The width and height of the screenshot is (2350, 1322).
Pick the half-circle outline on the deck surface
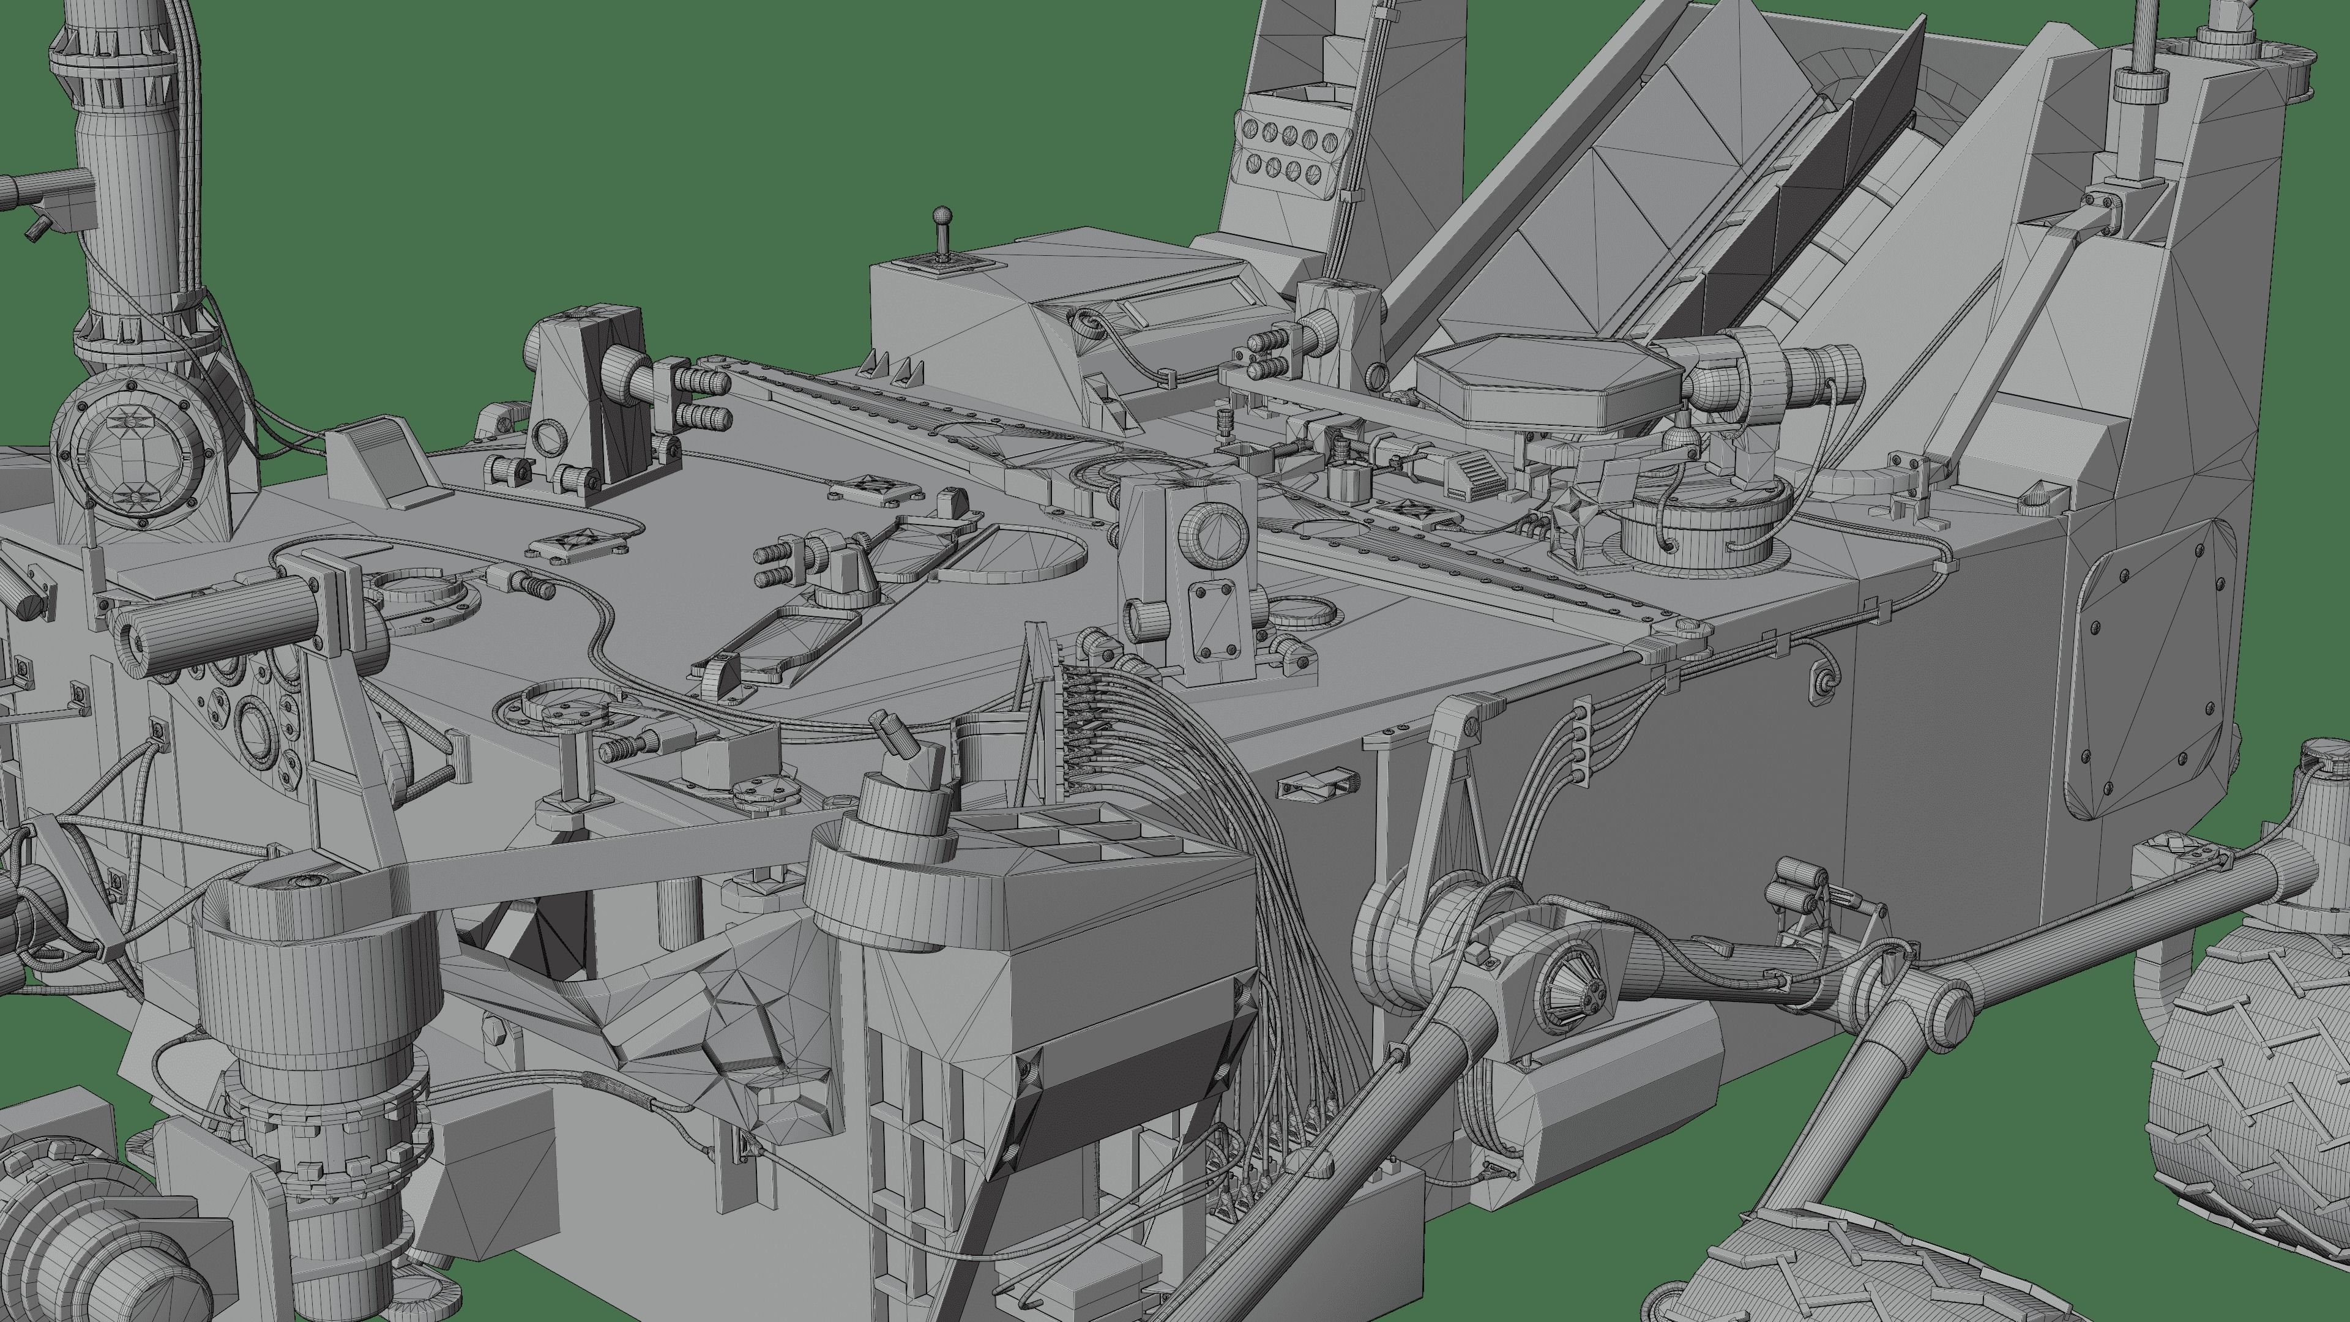1013,554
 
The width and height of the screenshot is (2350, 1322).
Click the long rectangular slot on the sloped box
1190,310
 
